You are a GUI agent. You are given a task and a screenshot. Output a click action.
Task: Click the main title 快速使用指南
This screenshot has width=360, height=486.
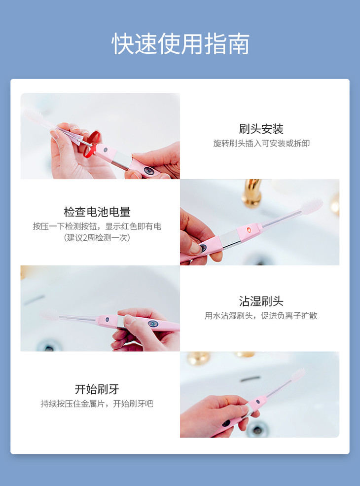tap(180, 44)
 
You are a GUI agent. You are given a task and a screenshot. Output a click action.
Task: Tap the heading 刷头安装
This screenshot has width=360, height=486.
tap(261, 129)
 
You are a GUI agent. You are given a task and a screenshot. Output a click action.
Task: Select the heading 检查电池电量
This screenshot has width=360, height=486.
tap(97, 212)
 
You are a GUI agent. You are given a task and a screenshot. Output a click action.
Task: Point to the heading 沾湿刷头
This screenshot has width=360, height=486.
tap(261, 301)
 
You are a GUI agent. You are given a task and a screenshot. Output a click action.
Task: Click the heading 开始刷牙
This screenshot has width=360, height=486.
tap(97, 389)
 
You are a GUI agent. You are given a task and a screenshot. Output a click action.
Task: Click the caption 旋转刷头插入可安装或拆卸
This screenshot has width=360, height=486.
tap(261, 144)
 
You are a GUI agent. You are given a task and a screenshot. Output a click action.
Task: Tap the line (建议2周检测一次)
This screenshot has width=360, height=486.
tap(97, 238)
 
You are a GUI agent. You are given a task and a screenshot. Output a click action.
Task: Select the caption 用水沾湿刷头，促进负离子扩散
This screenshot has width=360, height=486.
tap(261, 316)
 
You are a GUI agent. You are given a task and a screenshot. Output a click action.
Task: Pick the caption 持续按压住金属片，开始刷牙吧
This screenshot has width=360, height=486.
tap(97, 404)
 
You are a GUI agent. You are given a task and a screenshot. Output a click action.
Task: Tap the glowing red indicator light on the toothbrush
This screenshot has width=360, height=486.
tap(249, 229)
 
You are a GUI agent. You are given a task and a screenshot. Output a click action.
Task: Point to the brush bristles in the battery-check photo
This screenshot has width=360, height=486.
tap(312, 206)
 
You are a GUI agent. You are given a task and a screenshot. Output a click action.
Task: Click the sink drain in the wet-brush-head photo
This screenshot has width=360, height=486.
tap(48, 346)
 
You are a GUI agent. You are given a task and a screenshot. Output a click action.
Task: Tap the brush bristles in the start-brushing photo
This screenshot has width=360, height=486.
tap(298, 374)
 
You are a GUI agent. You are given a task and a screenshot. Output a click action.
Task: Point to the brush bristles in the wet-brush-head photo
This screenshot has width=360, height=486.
tap(49, 315)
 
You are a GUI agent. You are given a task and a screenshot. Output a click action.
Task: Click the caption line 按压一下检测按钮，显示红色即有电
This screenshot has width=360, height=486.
tap(97, 226)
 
